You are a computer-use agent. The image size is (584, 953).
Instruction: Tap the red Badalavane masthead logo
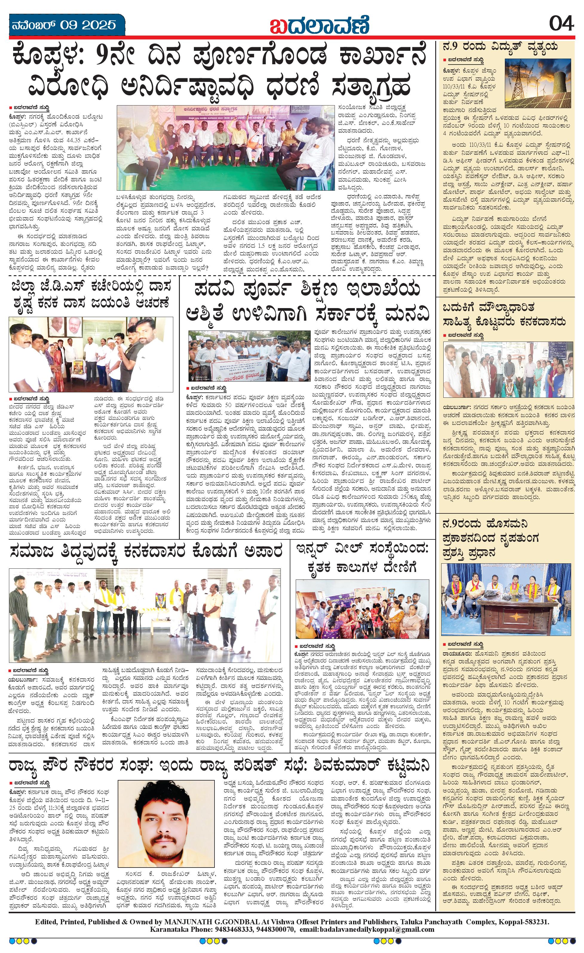tap(319, 25)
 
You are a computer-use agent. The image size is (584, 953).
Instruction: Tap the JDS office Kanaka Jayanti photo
tap(91, 355)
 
